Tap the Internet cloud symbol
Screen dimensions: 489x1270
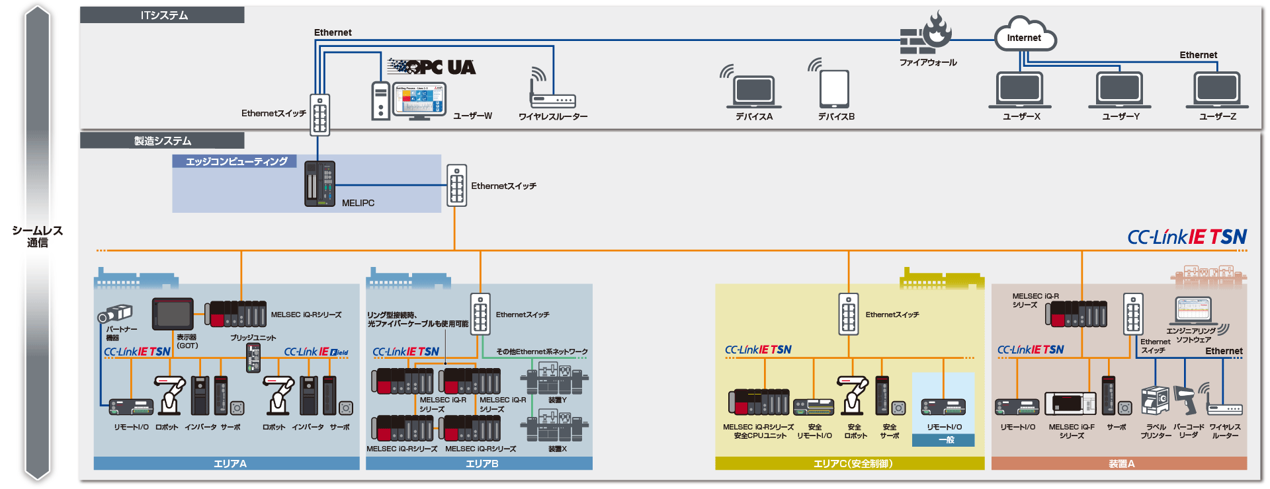click(1024, 36)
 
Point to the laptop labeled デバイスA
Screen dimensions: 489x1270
click(753, 92)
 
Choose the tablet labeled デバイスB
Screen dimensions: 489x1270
click(834, 89)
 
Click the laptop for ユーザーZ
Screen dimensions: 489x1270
click(1217, 89)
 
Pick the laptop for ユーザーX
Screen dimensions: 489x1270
click(1019, 89)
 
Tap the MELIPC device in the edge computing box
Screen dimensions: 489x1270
click(319, 184)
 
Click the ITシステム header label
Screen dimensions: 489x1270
click(163, 15)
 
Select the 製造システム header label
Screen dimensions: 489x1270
click(163, 141)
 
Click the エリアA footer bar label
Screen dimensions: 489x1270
click(230, 464)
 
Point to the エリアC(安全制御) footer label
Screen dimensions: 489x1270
click(853, 464)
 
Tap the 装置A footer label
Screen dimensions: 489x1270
click(1121, 464)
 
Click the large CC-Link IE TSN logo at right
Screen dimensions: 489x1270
click(1187, 237)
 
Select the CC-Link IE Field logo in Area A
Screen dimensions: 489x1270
click(316, 352)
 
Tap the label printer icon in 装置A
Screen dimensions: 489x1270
click(1154, 400)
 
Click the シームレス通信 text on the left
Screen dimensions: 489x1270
click(38, 236)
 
